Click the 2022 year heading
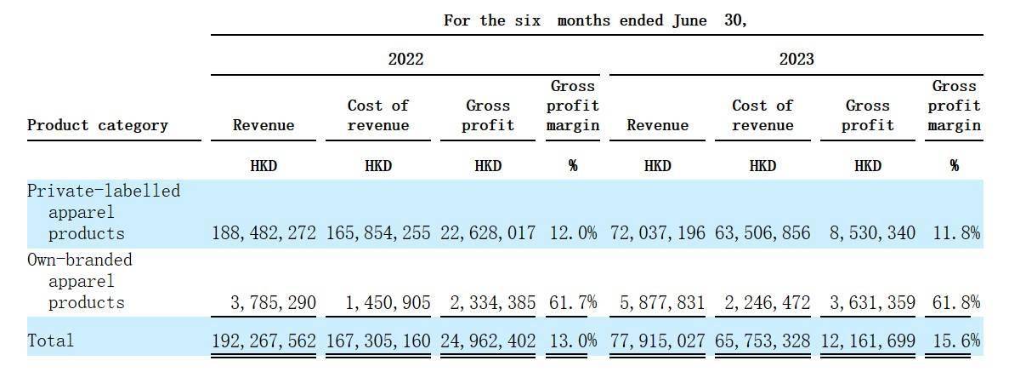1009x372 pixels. [405, 59]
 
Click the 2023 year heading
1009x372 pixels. [796, 59]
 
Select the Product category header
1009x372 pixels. [98, 125]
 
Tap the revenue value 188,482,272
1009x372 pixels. [264, 233]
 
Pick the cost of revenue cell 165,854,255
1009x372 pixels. [378, 233]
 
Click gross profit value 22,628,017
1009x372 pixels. [488, 233]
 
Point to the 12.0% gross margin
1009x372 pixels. [573, 233]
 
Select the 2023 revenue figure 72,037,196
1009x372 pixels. [657, 233]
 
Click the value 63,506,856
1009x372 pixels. [762, 233]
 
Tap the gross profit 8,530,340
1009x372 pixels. [868, 233]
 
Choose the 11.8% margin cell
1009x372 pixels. [954, 233]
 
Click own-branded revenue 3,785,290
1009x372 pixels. [272, 302]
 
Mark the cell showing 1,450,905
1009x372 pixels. [387, 302]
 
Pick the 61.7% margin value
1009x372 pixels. [573, 302]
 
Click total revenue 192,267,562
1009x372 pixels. [264, 341]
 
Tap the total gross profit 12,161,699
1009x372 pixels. [868, 341]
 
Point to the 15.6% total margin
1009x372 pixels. [954, 341]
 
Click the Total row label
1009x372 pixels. [51, 341]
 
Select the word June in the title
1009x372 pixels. [689, 20]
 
